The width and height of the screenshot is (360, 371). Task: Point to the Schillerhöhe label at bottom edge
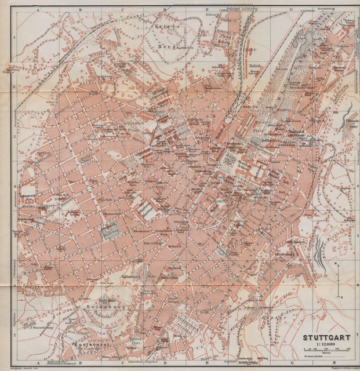click(253, 359)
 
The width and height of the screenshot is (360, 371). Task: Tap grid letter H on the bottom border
click(334, 365)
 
